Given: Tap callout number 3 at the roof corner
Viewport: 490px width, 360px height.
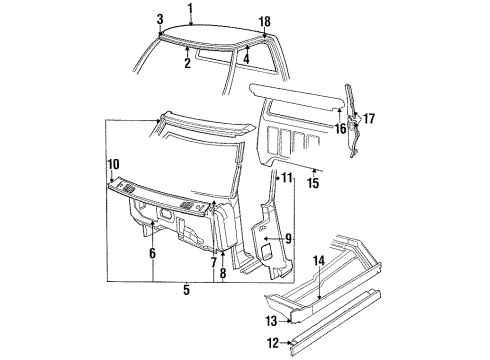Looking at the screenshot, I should click(159, 20).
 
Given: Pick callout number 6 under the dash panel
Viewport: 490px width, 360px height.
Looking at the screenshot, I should click(152, 255).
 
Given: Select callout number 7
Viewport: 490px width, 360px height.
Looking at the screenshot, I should click(212, 262).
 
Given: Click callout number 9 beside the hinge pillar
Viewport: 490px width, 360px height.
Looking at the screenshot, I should click(288, 239).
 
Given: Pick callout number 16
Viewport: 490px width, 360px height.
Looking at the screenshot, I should click(340, 127).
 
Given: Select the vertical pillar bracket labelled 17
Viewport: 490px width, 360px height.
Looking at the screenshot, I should click(353, 125).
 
